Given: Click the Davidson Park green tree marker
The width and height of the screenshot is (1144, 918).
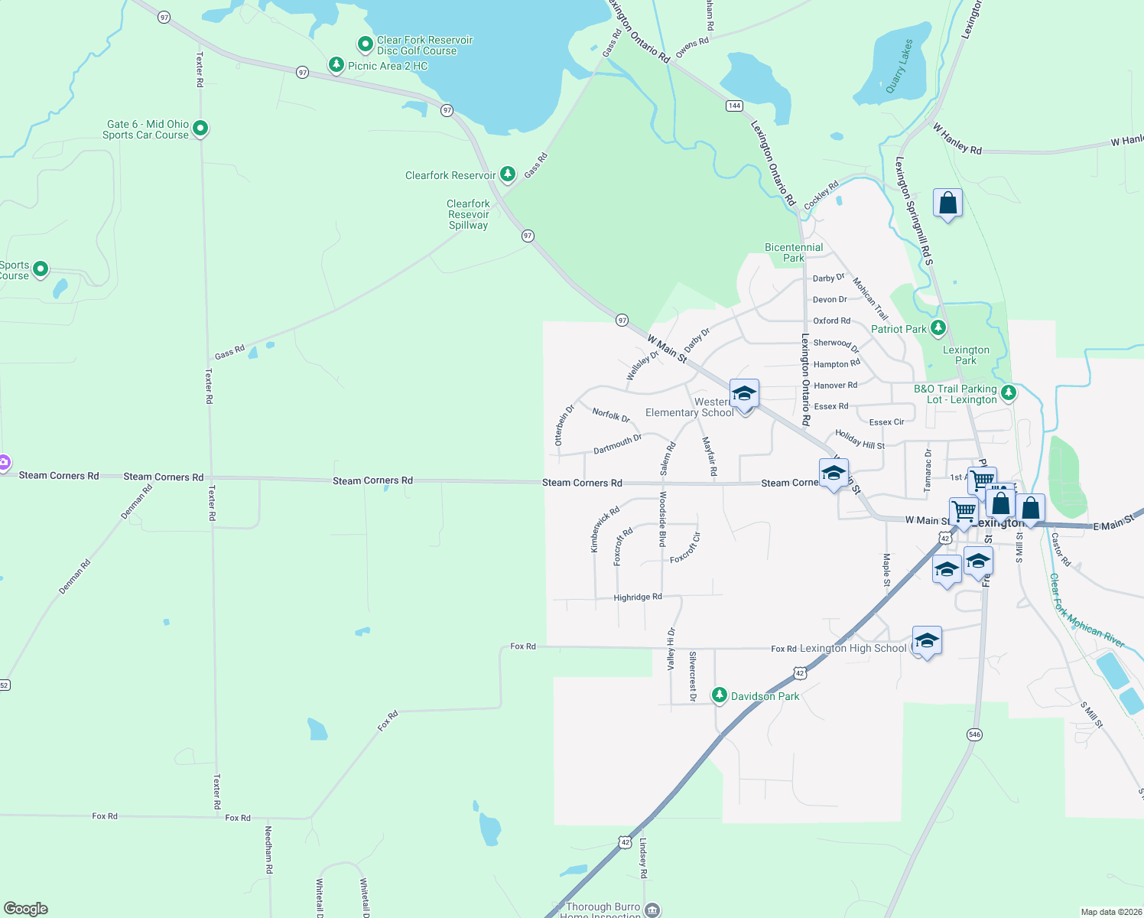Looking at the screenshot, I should coord(719,695).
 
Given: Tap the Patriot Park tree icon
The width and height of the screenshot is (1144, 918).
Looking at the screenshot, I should coord(938,328).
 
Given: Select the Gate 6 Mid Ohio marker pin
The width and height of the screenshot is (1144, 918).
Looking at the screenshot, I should coord(200,129).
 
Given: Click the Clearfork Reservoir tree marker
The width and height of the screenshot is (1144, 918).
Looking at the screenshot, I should coord(507,174).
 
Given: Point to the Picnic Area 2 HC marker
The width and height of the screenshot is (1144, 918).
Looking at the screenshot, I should coord(336,65).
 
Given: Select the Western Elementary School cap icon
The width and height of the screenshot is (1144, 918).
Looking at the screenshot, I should coord(744,394).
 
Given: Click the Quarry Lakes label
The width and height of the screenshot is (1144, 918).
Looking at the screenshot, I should coord(899,67).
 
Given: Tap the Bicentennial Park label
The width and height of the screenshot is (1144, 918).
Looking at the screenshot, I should coord(794,252).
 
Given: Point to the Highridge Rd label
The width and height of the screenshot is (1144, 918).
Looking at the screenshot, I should coord(638,597).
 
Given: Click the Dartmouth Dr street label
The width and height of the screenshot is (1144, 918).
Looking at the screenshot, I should coord(617,444).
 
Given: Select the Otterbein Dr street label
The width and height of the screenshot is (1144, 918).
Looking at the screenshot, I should coord(564,426).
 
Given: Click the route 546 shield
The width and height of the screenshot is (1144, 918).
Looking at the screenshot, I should coord(974,734).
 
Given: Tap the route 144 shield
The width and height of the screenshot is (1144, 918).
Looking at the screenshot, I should coord(734,106).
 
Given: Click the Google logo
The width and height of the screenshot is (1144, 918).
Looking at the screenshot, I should coord(26,908).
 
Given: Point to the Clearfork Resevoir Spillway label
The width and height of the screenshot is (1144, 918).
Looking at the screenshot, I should coord(468,214).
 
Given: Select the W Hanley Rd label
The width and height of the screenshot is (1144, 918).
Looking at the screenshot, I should coord(957,138).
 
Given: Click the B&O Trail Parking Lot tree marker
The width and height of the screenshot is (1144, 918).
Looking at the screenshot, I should coord(1009,393).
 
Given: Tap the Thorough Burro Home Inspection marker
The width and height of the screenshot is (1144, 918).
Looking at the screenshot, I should coord(652,910).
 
